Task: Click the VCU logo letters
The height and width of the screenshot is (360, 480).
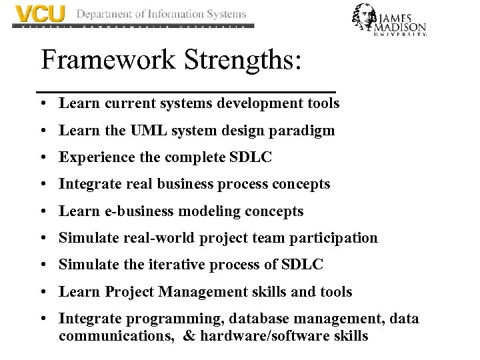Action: tap(40, 14)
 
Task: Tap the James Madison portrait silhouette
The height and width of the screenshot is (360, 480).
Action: tap(365, 18)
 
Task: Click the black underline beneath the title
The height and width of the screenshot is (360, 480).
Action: tap(186, 91)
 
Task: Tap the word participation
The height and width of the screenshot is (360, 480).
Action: tap(336, 238)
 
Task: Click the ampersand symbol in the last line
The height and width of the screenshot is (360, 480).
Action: tap(189, 336)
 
